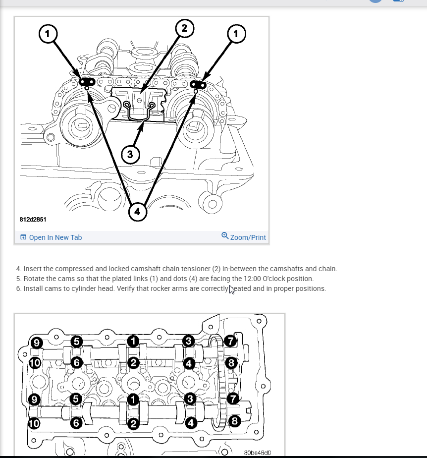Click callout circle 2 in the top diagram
point(184,28)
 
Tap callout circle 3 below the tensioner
point(130,154)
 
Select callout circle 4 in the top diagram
point(137,212)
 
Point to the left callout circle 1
point(47,33)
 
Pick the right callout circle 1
point(236,33)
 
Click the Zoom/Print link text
point(248,237)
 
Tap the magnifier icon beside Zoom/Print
point(225,236)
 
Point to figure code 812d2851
point(34,219)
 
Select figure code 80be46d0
point(258,453)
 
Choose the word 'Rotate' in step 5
point(34,279)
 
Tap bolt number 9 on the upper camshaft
point(36,342)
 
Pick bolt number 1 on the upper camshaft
point(133,341)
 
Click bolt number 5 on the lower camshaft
point(75,398)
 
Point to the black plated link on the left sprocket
point(88,81)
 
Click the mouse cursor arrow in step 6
point(231,289)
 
